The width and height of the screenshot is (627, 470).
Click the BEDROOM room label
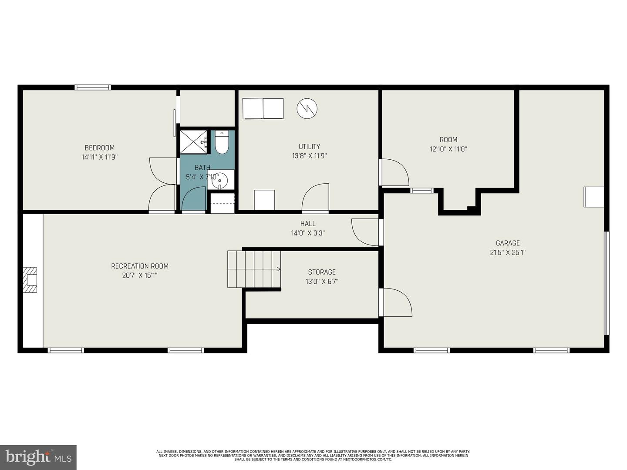pyautogui.click(x=99, y=148)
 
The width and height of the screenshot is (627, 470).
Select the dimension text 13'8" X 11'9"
pyautogui.click(x=309, y=156)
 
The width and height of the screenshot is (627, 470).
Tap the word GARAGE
pyautogui.click(x=508, y=243)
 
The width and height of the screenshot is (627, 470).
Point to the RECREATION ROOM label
pyautogui.click(x=139, y=266)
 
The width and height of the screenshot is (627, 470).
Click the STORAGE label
pyautogui.click(x=322, y=272)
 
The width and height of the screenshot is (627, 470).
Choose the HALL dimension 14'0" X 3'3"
pyautogui.click(x=308, y=233)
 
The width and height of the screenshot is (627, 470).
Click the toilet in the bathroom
pyautogui.click(x=221, y=143)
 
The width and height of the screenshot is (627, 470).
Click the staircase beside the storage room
pyautogui.click(x=254, y=269)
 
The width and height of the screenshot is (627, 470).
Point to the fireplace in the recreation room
pyautogui.click(x=30, y=281)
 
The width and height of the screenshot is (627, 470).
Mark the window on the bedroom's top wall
pyautogui.click(x=92, y=87)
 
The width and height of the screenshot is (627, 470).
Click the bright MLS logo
pyautogui.click(x=38, y=457)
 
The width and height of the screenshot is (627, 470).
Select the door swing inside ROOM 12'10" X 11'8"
pyautogui.click(x=394, y=172)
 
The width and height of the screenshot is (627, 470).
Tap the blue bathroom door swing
pyautogui.click(x=193, y=199)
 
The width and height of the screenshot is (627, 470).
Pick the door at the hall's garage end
pyautogui.click(x=365, y=232)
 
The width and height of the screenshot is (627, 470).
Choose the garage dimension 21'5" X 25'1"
pyautogui.click(x=508, y=252)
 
